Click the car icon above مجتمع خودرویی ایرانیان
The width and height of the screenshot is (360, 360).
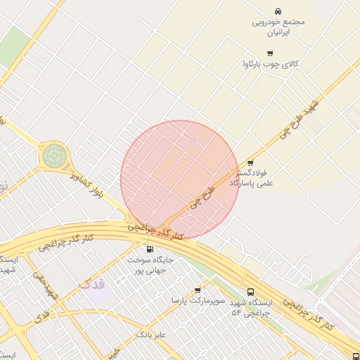coord(279,11)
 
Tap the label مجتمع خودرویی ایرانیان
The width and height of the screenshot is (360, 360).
coord(279,27)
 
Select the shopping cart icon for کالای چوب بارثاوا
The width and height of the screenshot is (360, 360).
coord(270,53)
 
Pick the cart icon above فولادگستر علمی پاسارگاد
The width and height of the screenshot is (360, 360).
coord(250,162)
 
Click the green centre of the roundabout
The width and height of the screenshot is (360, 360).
coord(53,155)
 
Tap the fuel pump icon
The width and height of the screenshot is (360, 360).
coord(149,249)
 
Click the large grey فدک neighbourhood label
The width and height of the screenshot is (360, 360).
coord(94,285)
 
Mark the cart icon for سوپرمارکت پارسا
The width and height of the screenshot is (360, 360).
coord(198,290)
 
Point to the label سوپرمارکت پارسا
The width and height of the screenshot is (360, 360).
coord(198,301)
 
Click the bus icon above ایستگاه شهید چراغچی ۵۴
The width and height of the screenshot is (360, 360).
coord(251,292)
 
